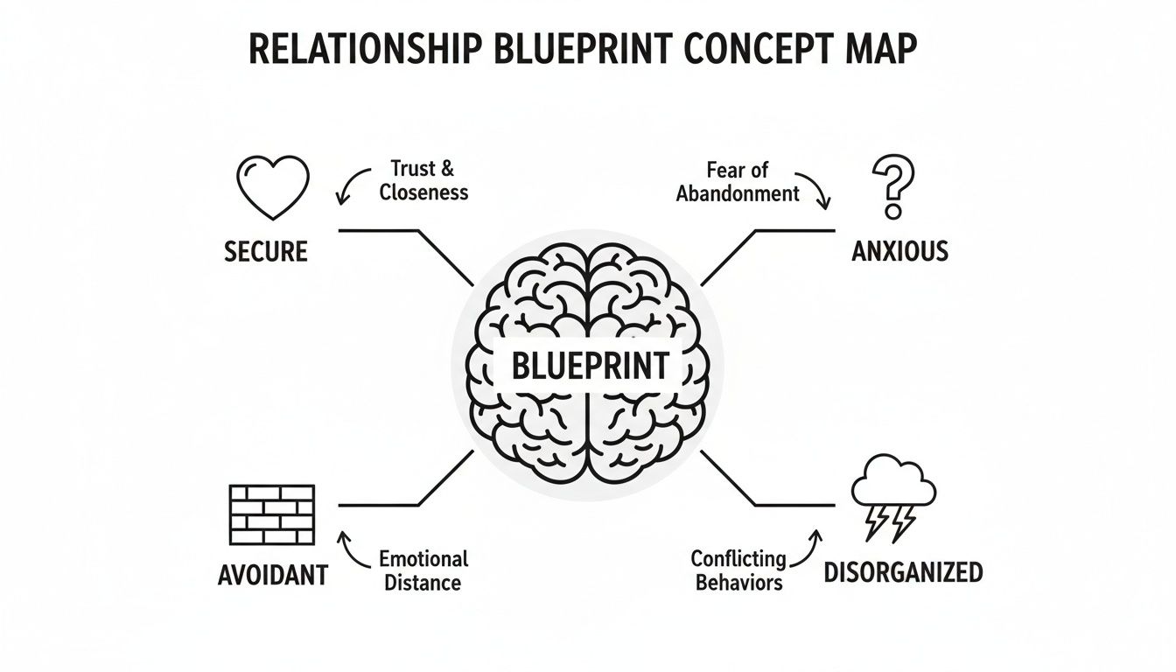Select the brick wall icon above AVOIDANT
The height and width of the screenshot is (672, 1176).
[272, 514]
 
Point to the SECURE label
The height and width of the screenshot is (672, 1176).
[266, 252]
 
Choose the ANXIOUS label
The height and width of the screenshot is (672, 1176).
[899, 252]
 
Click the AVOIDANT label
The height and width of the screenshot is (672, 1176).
[272, 575]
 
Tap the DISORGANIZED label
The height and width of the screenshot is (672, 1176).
[903, 573]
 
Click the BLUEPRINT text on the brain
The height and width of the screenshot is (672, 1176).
[590, 366]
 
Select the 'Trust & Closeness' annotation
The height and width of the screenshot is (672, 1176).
[423, 180]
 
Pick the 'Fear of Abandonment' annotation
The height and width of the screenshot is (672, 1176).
[738, 182]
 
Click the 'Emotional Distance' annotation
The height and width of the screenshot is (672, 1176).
[423, 570]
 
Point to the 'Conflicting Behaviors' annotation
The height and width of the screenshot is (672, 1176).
[738, 570]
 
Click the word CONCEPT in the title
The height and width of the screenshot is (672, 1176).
[755, 50]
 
